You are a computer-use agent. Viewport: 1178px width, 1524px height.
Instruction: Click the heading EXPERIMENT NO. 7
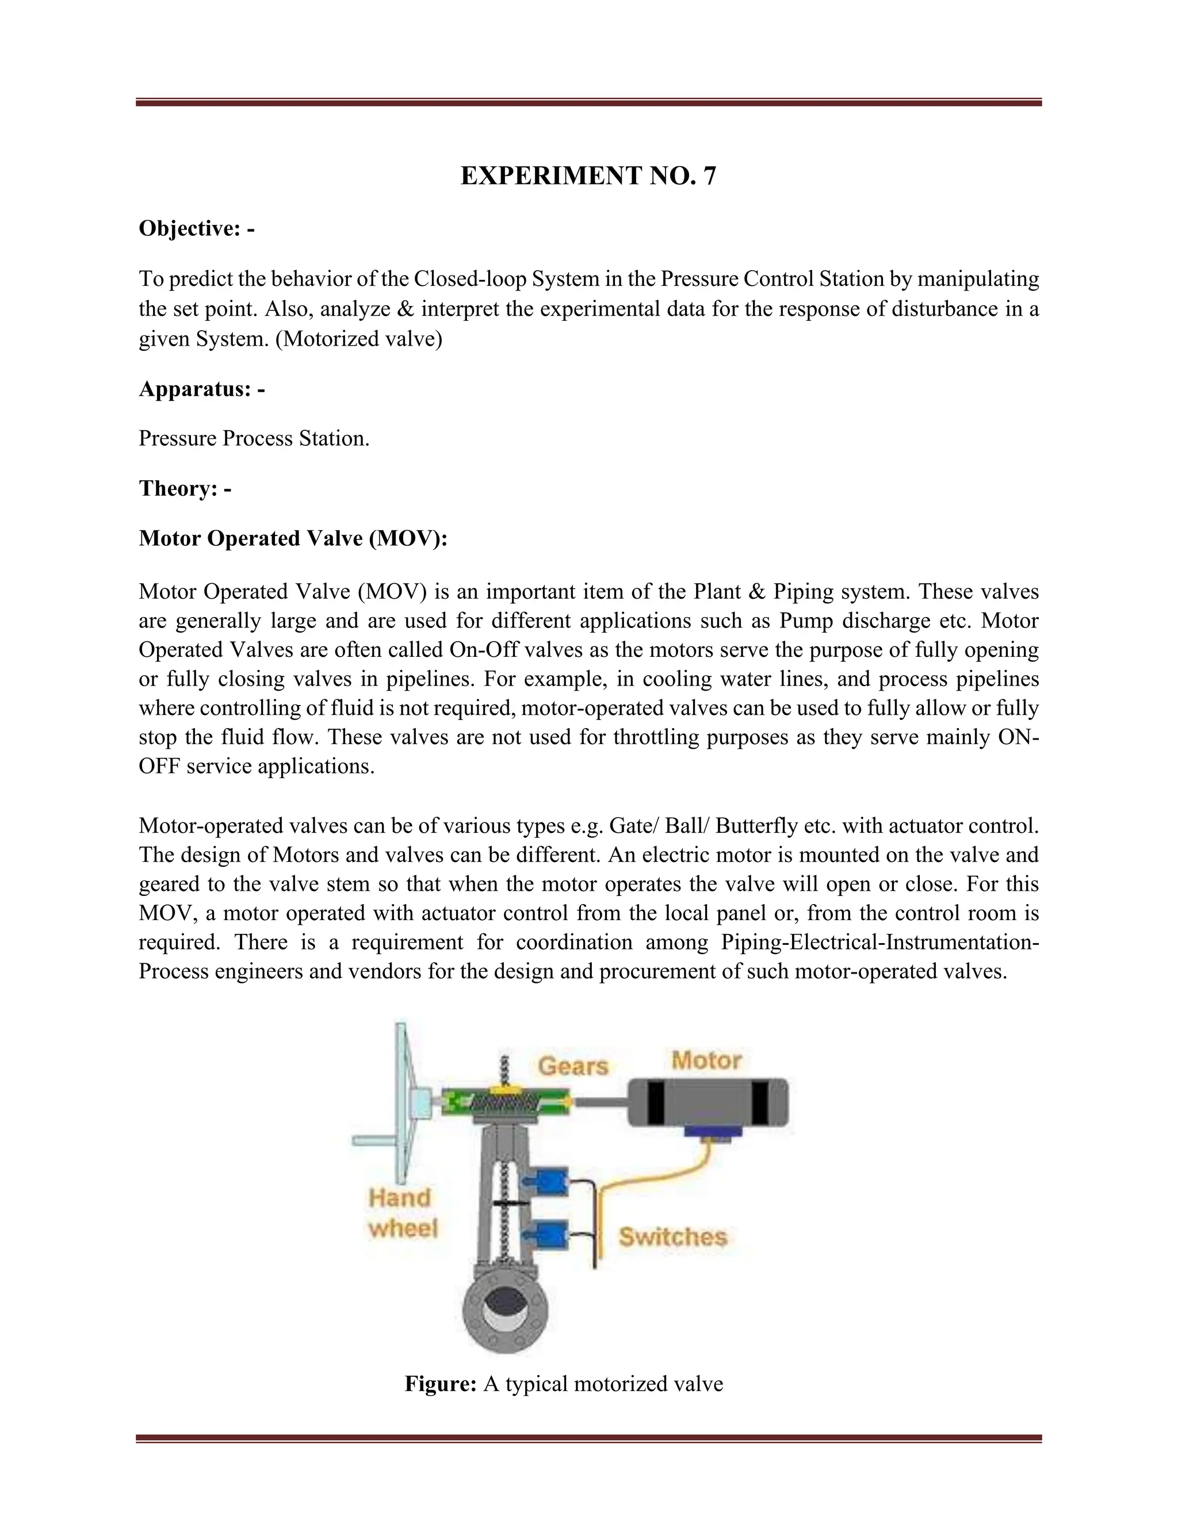[588, 176]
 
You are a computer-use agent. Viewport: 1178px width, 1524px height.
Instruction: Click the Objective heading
[196, 228]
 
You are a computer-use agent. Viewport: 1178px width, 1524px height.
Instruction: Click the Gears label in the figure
[573, 1066]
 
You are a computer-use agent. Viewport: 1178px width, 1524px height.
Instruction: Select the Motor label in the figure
[706, 1060]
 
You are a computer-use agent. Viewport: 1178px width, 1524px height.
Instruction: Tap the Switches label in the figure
[673, 1236]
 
